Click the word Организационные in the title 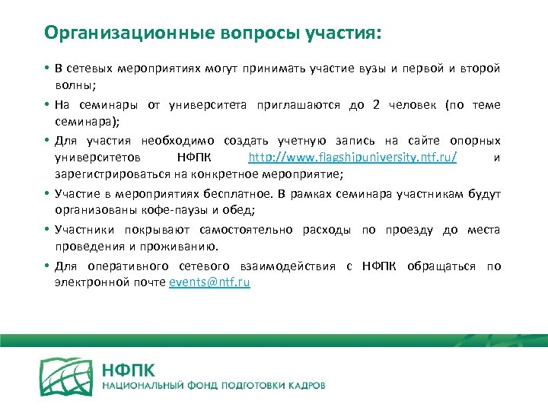115,33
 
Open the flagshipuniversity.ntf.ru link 352,158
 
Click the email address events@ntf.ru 209,282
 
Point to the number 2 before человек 376,105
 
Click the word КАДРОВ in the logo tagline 304,386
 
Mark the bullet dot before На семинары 47,105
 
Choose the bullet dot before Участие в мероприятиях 47,194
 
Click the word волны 72,87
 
